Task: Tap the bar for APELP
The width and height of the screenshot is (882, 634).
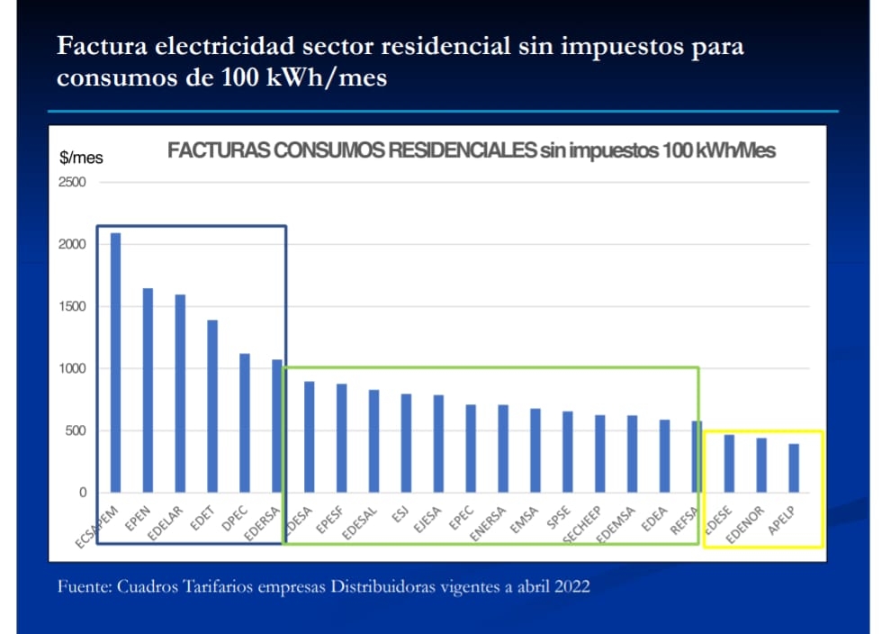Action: (x=794, y=468)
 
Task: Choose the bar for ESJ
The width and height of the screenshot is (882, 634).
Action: (x=406, y=443)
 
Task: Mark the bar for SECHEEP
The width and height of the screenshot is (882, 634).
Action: (x=600, y=454)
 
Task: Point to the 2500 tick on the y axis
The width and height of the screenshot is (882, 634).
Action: (x=72, y=182)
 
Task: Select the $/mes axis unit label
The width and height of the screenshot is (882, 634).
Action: (x=81, y=158)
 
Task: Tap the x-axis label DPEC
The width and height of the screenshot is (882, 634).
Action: (x=234, y=519)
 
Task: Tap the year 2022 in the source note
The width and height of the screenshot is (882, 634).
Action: (x=571, y=586)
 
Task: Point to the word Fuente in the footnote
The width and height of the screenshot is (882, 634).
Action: (x=83, y=586)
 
